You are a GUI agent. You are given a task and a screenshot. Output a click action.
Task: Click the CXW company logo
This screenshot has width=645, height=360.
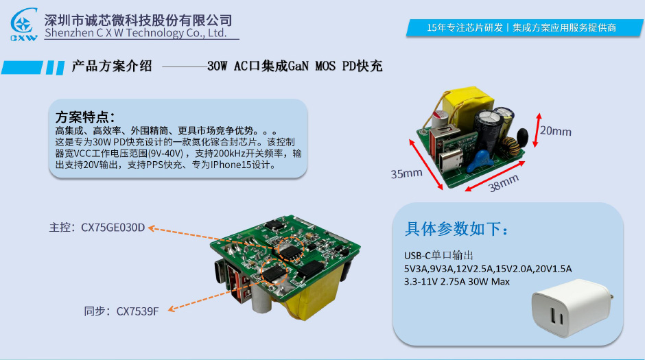24,25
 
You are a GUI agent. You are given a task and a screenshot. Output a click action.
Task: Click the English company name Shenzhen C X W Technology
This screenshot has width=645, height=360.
136,33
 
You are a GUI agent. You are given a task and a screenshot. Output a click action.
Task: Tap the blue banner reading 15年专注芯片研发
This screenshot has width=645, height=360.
524,27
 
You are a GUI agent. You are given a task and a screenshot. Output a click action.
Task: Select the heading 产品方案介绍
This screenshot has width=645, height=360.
112,66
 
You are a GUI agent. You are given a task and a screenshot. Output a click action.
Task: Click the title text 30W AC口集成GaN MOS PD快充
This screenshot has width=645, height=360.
295,66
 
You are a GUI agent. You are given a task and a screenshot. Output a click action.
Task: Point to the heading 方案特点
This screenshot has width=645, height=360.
85,117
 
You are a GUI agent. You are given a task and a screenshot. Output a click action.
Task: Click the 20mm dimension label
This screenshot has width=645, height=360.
556,131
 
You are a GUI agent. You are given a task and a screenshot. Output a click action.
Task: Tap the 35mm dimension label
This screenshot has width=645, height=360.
406,173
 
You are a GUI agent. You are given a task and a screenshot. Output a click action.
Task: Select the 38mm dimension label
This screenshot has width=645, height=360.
504,183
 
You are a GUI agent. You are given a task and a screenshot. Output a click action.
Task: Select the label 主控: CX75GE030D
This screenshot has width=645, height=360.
97,227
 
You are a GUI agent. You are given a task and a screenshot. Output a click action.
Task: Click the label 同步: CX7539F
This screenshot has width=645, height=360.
121,311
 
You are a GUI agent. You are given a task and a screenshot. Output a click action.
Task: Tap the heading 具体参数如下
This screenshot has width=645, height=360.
456,229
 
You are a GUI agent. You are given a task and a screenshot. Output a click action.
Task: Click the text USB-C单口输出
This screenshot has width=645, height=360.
438,255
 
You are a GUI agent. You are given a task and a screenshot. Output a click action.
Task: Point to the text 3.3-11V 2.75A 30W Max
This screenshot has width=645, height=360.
457,282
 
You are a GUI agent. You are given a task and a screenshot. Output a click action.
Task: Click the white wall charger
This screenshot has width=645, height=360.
571,308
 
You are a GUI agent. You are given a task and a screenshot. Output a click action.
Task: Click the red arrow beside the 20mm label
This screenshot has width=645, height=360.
537,130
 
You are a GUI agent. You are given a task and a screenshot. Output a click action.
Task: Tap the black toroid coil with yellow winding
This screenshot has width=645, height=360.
510,147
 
